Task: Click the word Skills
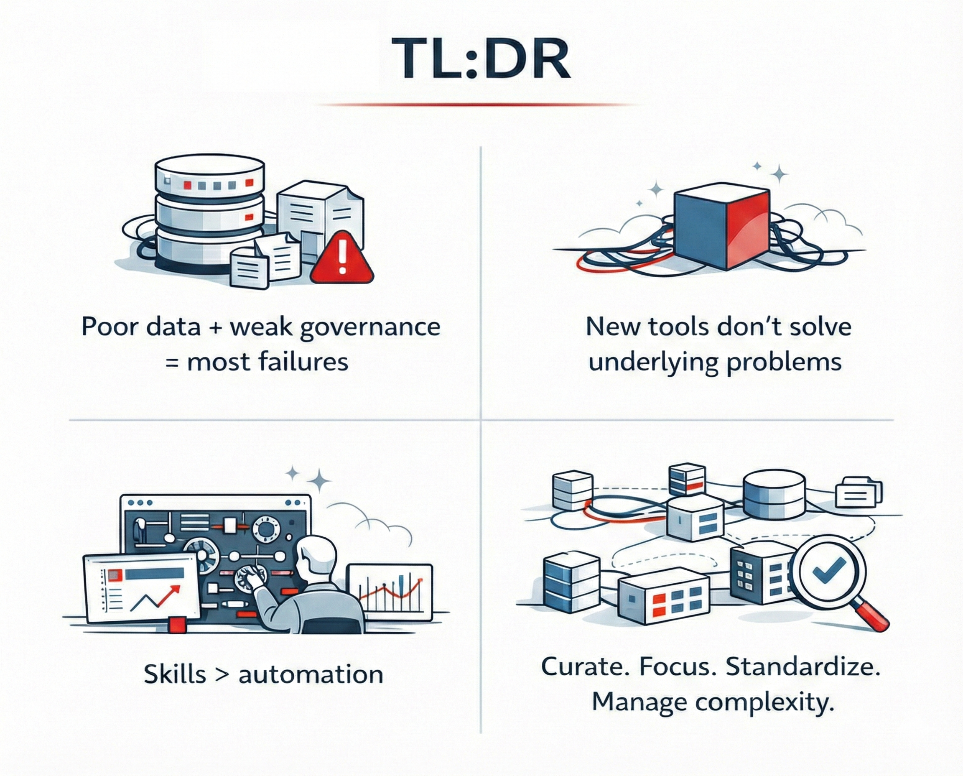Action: coord(175,674)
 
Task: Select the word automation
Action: coord(311,674)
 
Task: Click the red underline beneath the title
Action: coord(478,105)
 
